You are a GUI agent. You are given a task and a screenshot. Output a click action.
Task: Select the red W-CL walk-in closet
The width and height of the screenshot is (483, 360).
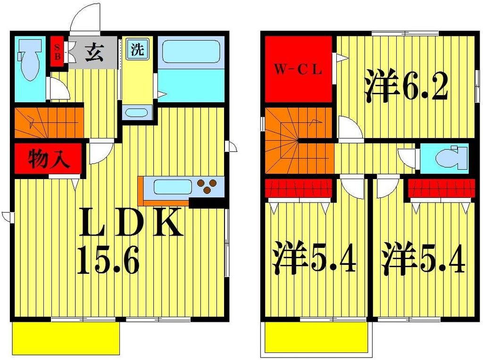coord(299,70)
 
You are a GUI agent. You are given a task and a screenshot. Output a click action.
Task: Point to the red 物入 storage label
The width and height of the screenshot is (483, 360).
coord(49,159)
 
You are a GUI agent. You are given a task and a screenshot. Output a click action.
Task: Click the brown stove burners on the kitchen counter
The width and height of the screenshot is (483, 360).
coord(208,186)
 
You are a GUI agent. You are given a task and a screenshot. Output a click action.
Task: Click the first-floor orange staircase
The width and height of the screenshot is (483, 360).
coord(47,121)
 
